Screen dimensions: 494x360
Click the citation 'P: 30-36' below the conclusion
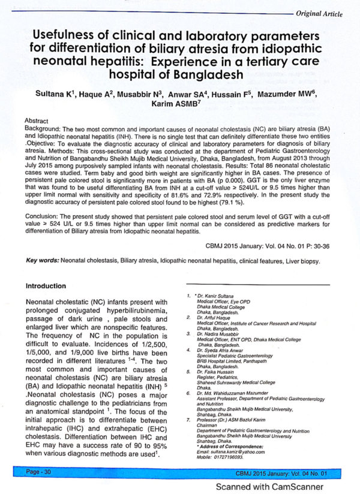point(317,245)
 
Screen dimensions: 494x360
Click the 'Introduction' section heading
point(46,287)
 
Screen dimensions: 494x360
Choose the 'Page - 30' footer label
point(39,472)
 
